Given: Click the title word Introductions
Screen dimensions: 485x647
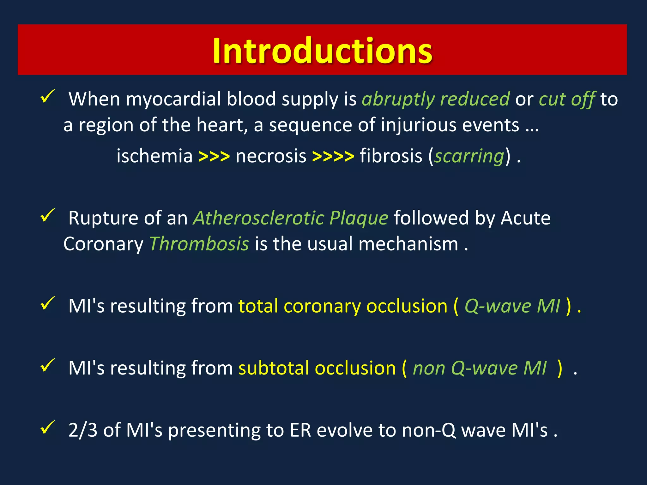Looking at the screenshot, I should click(322, 51).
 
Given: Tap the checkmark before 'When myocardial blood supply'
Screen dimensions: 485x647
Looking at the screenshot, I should click(48, 96).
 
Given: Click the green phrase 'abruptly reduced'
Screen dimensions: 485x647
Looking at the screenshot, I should click(435, 99).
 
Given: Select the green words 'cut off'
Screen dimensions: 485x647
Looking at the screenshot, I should click(567, 99).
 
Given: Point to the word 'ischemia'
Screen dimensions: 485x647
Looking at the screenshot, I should click(154, 156).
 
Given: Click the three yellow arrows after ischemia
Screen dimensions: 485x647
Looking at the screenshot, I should click(214, 156).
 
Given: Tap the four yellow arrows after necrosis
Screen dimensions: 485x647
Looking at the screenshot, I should click(333, 156).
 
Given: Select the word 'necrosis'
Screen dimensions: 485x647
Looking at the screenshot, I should click(271, 156).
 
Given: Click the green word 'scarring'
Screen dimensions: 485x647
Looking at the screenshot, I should click(469, 156).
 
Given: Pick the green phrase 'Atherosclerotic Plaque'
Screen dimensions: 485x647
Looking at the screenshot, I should click(290, 218).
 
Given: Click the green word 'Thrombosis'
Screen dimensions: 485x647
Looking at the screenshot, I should click(199, 244).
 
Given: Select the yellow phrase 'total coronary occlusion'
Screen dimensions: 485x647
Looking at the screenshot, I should click(342, 306).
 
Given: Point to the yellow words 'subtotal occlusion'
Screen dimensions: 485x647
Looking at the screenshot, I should click(317, 368).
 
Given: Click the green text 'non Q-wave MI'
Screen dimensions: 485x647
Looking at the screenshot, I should click(479, 368).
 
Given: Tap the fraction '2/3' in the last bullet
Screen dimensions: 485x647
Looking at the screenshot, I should click(83, 430).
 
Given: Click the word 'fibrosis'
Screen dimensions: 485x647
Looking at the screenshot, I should click(391, 156).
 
